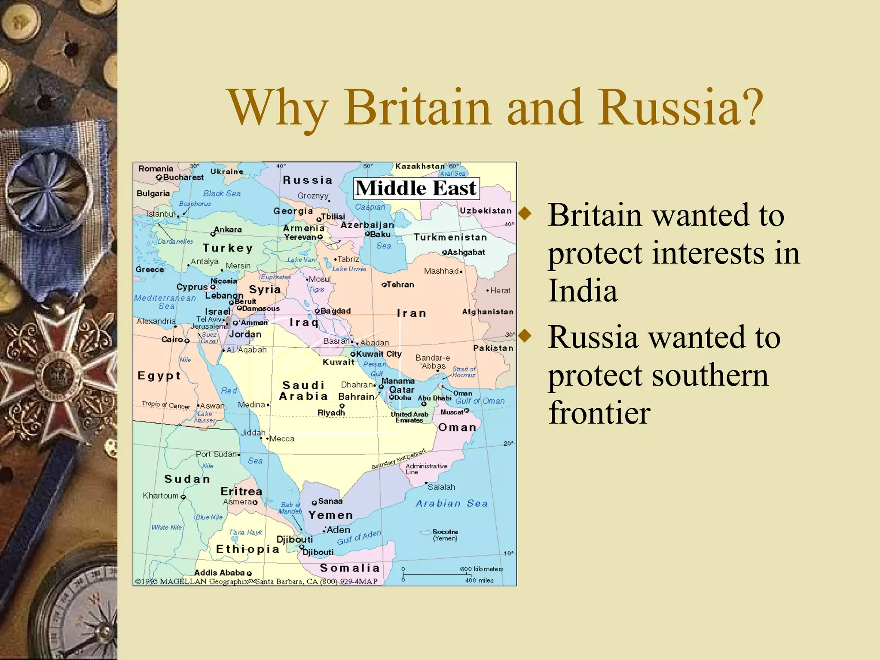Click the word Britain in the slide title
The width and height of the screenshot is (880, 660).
(416, 107)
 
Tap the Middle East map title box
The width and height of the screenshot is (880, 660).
(416, 189)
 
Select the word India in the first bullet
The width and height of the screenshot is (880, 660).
(583, 290)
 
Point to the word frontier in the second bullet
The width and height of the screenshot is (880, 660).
(599, 412)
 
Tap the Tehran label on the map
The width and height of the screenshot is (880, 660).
(400, 284)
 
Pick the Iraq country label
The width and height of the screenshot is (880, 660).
(304, 322)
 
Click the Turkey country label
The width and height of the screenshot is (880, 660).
(228, 248)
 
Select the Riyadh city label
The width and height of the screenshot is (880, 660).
(331, 412)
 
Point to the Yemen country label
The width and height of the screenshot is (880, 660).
(330, 515)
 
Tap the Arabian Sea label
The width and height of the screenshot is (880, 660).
(452, 503)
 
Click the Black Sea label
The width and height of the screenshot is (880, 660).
(222, 193)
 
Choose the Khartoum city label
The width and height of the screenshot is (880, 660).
(161, 495)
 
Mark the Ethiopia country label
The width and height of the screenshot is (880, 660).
(247, 549)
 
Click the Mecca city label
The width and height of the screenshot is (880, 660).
(282, 439)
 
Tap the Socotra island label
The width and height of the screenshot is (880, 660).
(445, 532)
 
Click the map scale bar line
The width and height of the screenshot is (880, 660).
(437, 574)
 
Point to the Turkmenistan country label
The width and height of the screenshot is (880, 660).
(450, 237)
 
